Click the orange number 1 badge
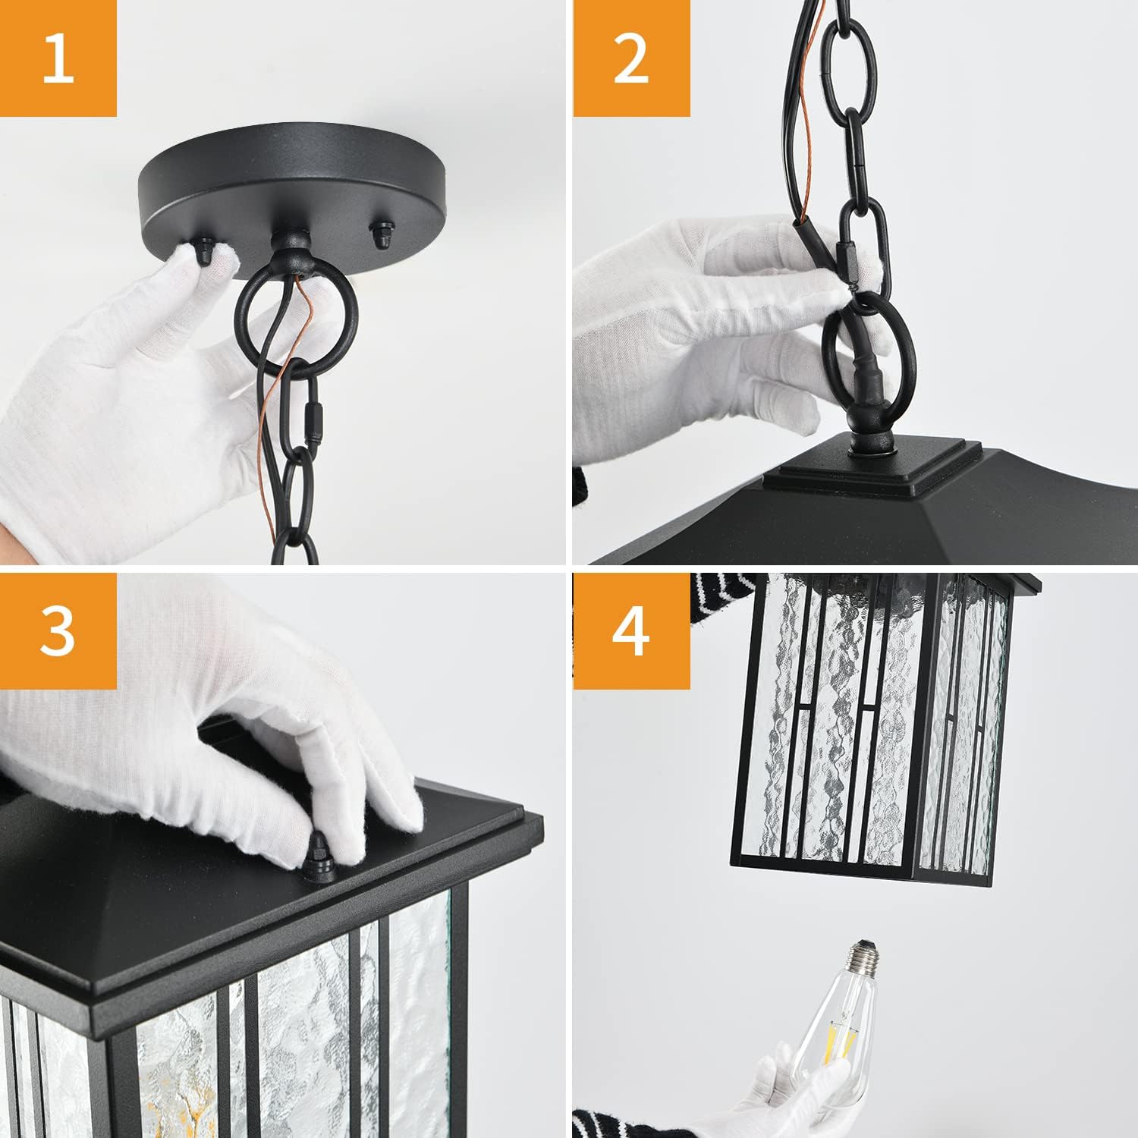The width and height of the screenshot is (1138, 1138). point(58,58)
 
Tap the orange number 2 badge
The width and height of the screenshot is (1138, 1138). point(631,58)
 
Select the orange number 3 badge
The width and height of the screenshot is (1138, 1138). point(58,630)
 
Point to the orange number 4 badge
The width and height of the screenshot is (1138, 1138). point(631,630)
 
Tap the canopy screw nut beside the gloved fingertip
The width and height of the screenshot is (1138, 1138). point(206,250)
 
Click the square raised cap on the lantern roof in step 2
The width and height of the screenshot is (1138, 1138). point(869,466)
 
